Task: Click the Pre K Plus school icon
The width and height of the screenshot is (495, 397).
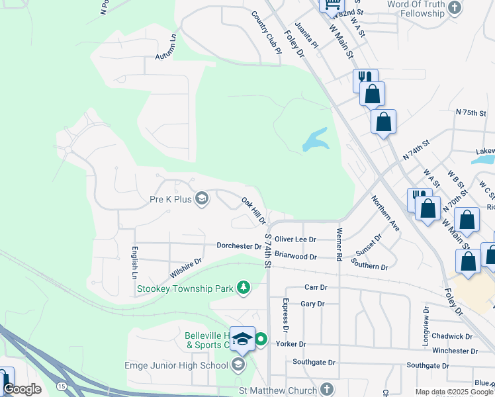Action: (202, 198)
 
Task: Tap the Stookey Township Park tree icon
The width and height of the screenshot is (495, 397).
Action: (244, 287)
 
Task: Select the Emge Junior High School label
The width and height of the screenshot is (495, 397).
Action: (176, 365)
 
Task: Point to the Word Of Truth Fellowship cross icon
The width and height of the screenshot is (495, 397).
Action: (454, 8)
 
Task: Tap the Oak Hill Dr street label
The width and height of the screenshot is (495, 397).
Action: (253, 210)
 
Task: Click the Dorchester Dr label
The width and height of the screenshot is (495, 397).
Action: (239, 246)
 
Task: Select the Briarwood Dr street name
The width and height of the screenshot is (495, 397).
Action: (296, 255)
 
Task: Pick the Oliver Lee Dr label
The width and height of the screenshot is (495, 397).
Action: (296, 240)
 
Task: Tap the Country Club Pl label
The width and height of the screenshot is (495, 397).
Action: (267, 38)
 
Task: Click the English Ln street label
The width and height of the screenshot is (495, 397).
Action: (134, 263)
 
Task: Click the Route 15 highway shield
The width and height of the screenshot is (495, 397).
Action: (62, 385)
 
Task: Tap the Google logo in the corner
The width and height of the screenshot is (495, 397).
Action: (22, 389)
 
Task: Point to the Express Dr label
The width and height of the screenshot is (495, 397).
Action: (286, 315)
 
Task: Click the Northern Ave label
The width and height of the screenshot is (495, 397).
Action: (385, 213)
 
